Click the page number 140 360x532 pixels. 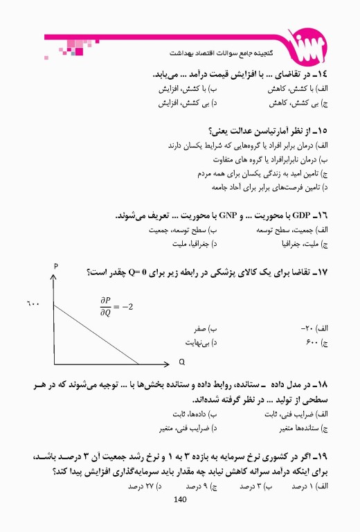180,499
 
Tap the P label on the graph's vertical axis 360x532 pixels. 55,267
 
